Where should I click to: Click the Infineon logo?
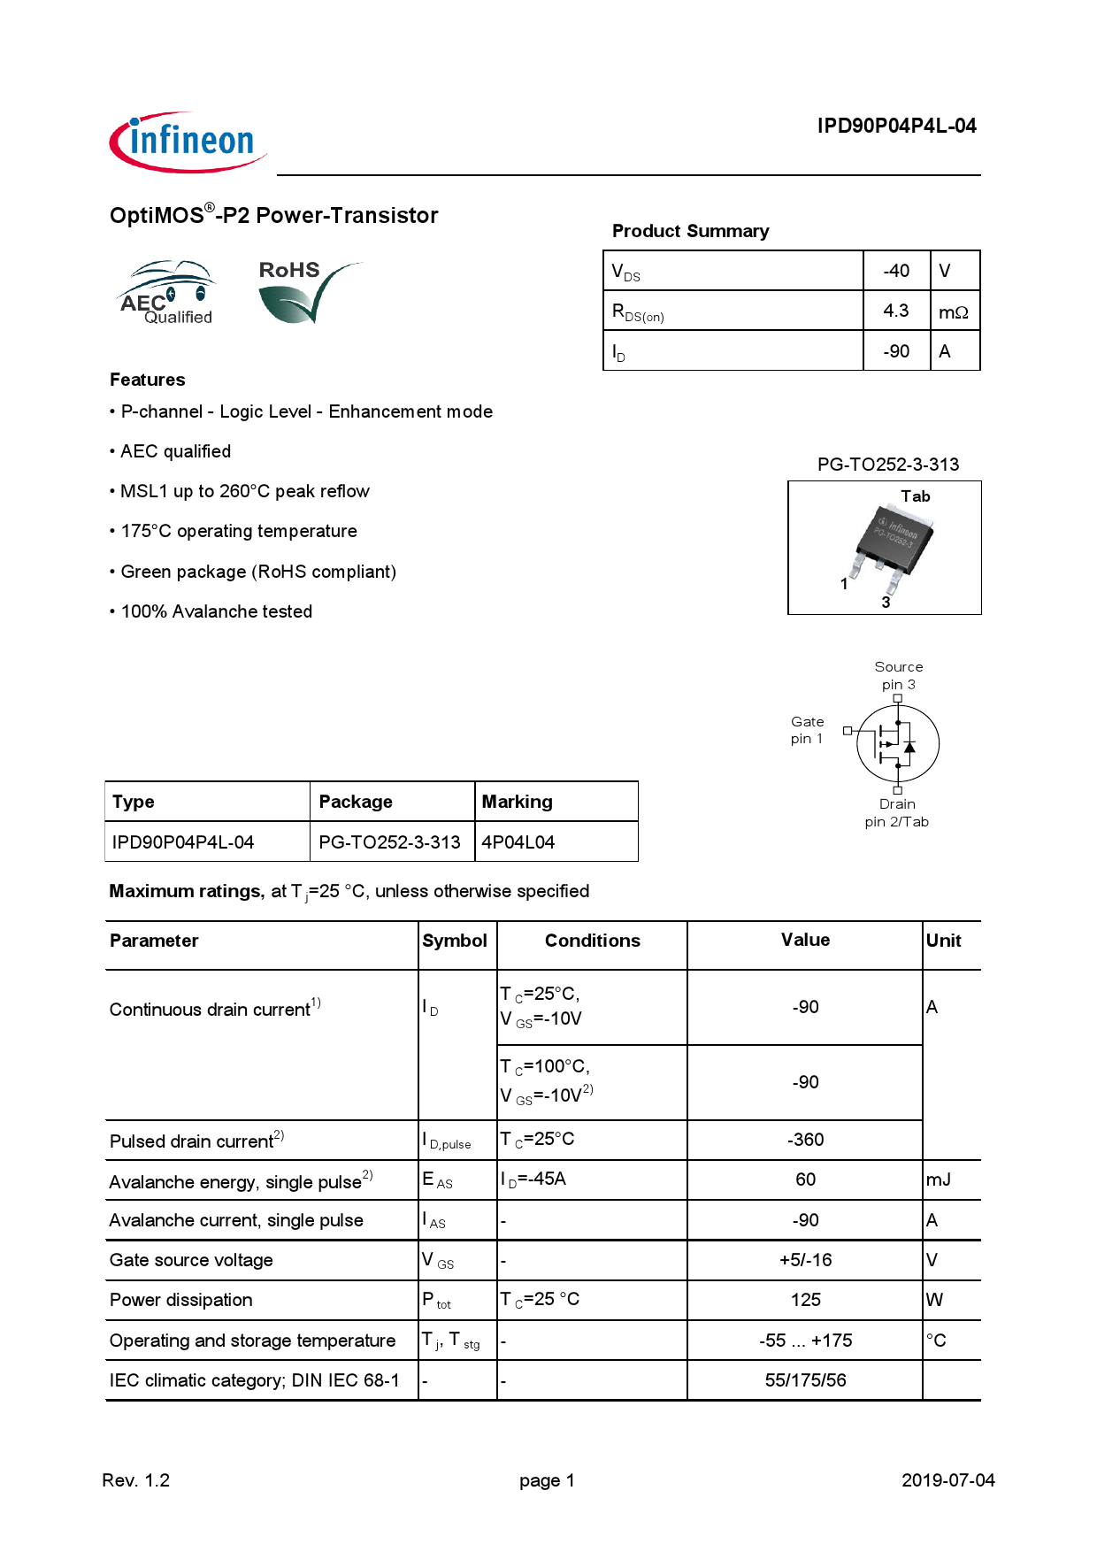pyautogui.click(x=188, y=142)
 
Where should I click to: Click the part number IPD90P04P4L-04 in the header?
pyautogui.click(x=895, y=126)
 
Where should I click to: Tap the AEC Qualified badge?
pyautogui.click(x=167, y=293)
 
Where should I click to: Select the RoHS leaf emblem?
pyautogui.click(x=305, y=292)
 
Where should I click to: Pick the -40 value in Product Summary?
pyautogui.click(x=895, y=271)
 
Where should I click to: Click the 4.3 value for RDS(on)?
pyautogui.click(x=895, y=311)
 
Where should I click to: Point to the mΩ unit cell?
pyautogui.click(x=953, y=312)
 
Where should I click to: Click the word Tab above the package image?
pyautogui.click(x=915, y=496)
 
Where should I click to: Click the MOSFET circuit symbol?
pyautogui.click(x=897, y=743)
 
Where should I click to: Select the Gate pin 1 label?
pyautogui.click(x=807, y=730)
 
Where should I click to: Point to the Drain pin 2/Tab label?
pyautogui.click(x=896, y=812)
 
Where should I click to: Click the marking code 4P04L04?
pyautogui.click(x=518, y=842)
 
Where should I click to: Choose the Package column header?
pyautogui.click(x=356, y=802)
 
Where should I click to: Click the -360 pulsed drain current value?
pyautogui.click(x=805, y=1140)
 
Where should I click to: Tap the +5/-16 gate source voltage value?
pyautogui.click(x=805, y=1260)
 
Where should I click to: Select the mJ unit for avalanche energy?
pyautogui.click(x=938, y=1179)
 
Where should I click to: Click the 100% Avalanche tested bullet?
pyautogui.click(x=216, y=611)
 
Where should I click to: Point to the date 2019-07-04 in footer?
pyautogui.click(x=947, y=1480)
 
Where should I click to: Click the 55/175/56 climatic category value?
pyautogui.click(x=805, y=1380)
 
